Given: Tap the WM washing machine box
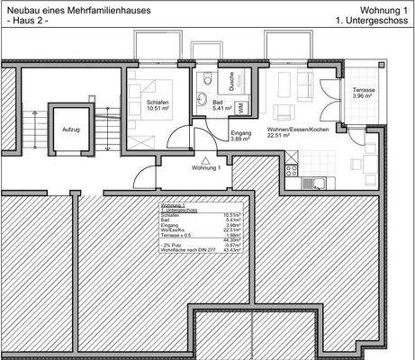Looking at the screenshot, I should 241,107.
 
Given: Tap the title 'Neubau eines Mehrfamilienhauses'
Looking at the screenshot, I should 77,9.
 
